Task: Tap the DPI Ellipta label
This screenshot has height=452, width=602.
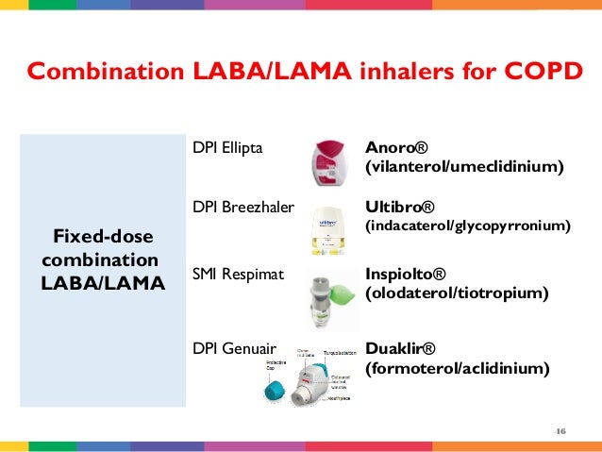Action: pyautogui.click(x=228, y=148)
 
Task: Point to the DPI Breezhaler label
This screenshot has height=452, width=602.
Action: pyautogui.click(x=243, y=207)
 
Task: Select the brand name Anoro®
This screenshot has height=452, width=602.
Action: pyautogui.click(x=396, y=148)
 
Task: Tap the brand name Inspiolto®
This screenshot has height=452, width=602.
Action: pyautogui.click(x=405, y=274)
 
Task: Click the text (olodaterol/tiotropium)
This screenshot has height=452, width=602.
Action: pyautogui.click(x=456, y=293)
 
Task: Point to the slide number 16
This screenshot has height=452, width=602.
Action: pyautogui.click(x=560, y=431)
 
